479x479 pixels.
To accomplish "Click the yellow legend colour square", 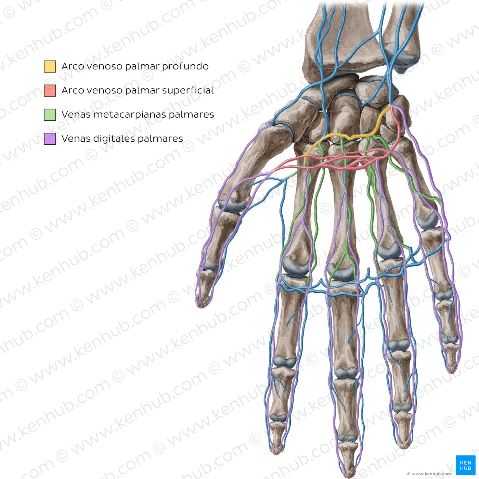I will pos(50,66).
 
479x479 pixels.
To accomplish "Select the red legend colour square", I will pos(50,91).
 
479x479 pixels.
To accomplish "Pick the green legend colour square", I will pos(50,115).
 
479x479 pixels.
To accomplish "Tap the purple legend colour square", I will pos(50,139).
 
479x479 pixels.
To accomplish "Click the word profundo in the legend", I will pos(185,66).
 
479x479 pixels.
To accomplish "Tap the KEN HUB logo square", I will pos(465,465).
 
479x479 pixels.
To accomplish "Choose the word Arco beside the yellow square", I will pos(73,66).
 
